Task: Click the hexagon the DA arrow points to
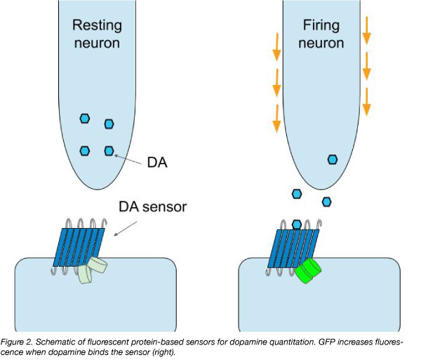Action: coord(109,150)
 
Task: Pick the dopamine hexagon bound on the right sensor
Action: coord(297,225)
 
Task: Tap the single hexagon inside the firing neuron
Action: coord(333,159)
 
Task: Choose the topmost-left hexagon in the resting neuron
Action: coord(85,118)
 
